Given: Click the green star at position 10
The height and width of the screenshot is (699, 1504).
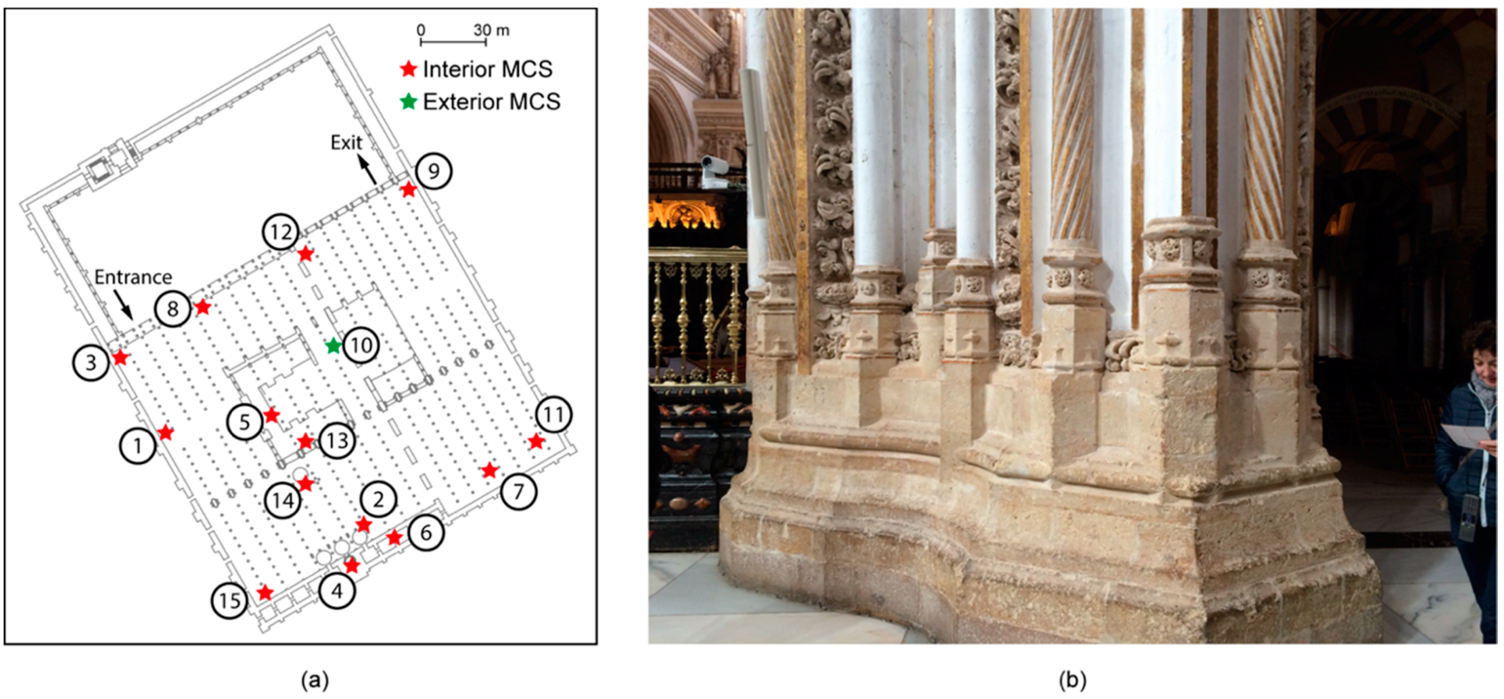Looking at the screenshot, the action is tap(333, 345).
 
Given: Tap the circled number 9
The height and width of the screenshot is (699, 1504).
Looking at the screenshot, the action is tap(433, 171).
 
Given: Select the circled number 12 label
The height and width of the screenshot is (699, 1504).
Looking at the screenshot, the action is tap(281, 232).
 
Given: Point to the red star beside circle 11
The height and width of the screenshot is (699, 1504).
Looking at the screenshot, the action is tap(536, 441).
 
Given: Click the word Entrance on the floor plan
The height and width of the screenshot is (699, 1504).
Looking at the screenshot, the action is tap(133, 277).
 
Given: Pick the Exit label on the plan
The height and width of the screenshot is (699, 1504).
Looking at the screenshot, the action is tap(346, 143).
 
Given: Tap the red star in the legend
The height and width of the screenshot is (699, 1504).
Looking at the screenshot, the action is tap(408, 69).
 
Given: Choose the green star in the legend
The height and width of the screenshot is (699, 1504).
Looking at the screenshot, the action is tap(408, 102).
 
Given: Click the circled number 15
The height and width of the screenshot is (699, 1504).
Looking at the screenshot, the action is tap(229, 600).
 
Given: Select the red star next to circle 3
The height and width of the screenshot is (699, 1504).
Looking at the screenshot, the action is tap(120, 357).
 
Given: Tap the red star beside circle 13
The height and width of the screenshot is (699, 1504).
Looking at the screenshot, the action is tap(305, 441).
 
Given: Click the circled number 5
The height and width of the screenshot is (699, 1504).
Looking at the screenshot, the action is tap(245, 421).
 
